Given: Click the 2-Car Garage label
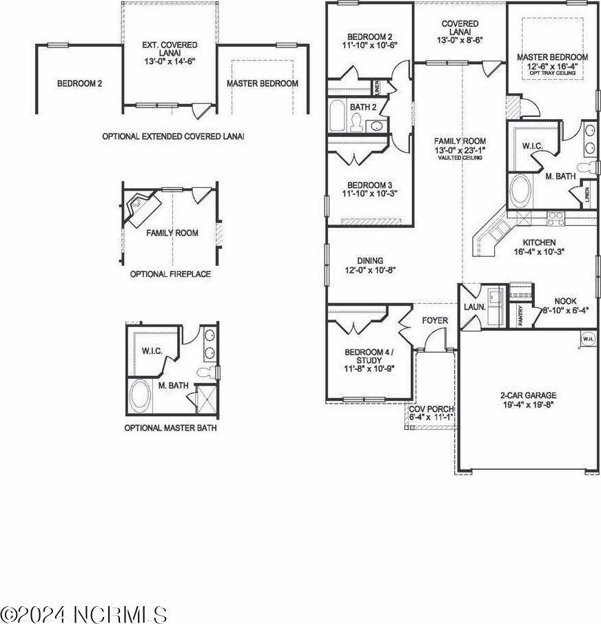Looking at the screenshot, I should click(x=528, y=395).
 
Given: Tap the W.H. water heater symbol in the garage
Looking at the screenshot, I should click(x=588, y=339).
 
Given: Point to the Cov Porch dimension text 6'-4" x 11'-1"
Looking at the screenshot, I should click(x=431, y=417).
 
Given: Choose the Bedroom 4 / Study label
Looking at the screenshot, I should click(x=369, y=357).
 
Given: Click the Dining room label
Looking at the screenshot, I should click(x=369, y=261).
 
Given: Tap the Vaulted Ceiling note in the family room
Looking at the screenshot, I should click(x=460, y=158).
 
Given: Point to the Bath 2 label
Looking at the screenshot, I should click(x=363, y=107).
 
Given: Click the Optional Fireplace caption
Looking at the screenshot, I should click(x=170, y=274).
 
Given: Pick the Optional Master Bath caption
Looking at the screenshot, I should click(x=170, y=428).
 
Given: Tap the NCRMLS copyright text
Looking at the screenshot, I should click(x=84, y=612).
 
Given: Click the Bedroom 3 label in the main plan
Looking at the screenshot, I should click(x=369, y=186).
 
